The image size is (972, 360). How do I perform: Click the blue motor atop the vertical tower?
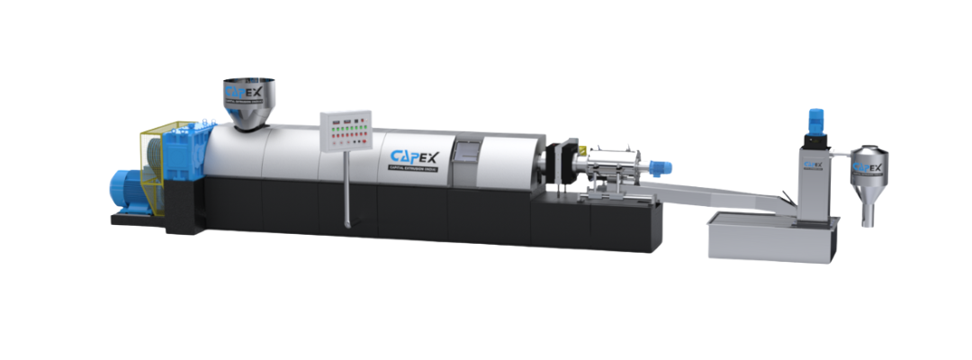pyautogui.click(x=816, y=120)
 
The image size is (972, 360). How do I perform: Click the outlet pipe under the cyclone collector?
pyautogui.click(x=868, y=213)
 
